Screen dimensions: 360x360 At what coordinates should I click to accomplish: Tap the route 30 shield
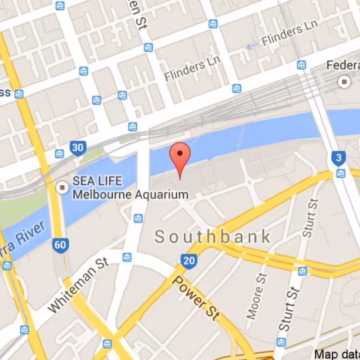77,148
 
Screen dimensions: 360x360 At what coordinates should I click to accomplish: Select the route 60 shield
60,245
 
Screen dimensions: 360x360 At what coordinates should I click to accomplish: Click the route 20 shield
189,261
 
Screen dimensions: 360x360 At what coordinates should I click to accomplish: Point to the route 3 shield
338,158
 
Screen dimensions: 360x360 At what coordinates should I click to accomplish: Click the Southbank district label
213,237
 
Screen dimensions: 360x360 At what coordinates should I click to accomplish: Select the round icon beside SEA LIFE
63,186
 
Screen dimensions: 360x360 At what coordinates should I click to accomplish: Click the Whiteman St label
79,284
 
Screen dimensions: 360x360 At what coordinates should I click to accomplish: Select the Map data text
337,354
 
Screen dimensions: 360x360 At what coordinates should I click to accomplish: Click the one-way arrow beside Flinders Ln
252,45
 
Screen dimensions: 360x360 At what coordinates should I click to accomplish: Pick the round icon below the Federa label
344,81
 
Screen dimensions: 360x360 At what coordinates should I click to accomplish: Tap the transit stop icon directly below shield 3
341,173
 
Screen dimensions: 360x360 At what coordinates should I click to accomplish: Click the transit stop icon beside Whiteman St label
127,257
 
